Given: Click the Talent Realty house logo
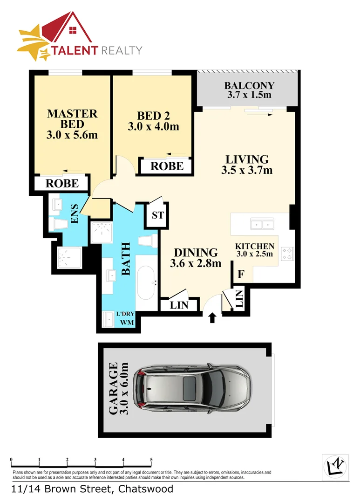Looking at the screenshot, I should pyautogui.click(x=70, y=30).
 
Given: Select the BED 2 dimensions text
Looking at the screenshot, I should pyautogui.click(x=153, y=126).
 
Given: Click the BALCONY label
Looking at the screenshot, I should pyautogui.click(x=249, y=86).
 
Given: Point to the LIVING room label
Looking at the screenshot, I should pyautogui.click(x=247, y=159).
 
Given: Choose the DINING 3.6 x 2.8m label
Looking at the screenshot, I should pyautogui.click(x=195, y=258).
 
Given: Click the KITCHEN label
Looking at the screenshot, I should pyautogui.click(x=254, y=247).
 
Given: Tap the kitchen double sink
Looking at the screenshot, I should pyautogui.click(x=263, y=225).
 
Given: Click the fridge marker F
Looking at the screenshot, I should pyautogui.click(x=240, y=275).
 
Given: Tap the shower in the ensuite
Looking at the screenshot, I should pyautogui.click(x=69, y=258).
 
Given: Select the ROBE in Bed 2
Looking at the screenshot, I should pyautogui.click(x=167, y=166).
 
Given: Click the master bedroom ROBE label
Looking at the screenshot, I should pyautogui.click(x=62, y=183).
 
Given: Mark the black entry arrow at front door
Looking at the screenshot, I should pyautogui.click(x=212, y=318).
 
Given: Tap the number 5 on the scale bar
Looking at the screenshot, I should pyautogui.click(x=151, y=460).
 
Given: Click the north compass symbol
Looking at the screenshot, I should pyautogui.click(x=335, y=466).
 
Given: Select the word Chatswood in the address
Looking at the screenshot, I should pyautogui.click(x=146, y=489).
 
